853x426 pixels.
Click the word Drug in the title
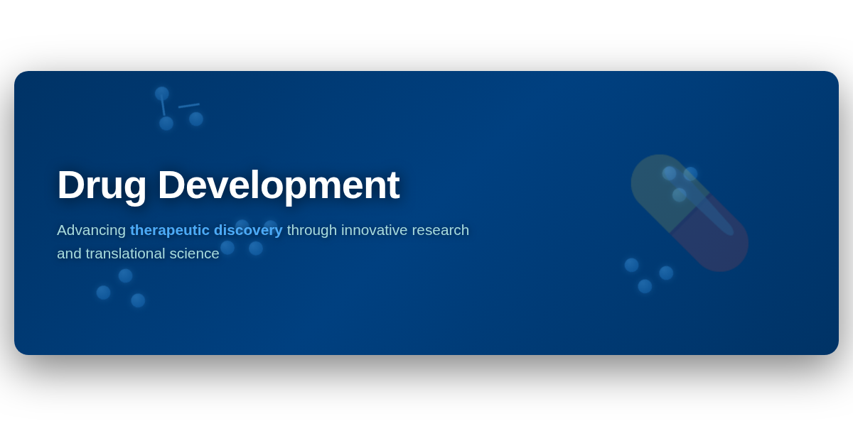102,186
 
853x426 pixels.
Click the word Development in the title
279,186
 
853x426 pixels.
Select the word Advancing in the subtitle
92,231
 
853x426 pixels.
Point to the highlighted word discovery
248,231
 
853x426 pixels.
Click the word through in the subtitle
312,231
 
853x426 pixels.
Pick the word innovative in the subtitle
375,230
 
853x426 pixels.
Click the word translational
125,253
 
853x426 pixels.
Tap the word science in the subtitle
194,253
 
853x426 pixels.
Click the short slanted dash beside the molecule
189,105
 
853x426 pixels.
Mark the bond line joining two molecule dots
163,105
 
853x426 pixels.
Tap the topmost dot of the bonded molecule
162,94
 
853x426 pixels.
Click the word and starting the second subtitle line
69,253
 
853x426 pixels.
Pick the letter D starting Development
172,185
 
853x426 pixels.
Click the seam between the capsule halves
690,214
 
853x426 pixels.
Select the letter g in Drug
134,191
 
